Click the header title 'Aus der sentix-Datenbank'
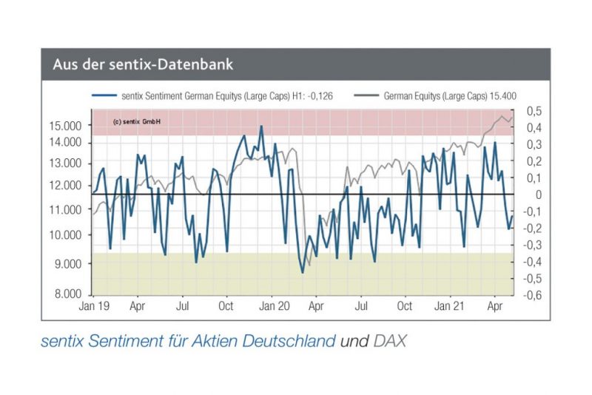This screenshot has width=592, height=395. coord(143,64)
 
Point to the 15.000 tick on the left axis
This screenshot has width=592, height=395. coord(65,126)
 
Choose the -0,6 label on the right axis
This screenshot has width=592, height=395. coord(534,294)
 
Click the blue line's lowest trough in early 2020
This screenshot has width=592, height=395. coord(303,272)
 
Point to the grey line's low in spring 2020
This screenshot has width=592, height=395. coord(309,264)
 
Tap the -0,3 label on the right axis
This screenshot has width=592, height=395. coord(534,245)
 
